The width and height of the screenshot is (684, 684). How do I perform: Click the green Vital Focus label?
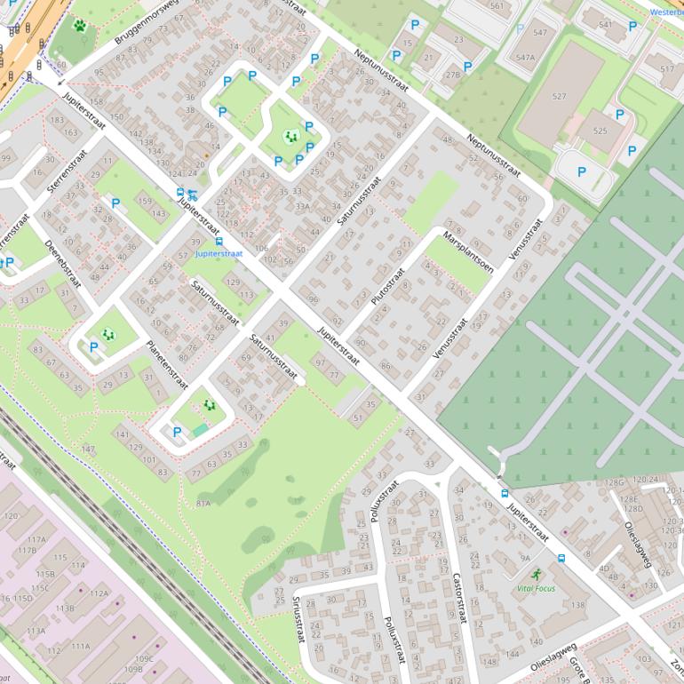[536, 588]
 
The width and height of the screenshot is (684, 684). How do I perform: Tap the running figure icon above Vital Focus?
[536, 575]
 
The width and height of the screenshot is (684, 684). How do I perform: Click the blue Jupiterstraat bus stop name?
[219, 253]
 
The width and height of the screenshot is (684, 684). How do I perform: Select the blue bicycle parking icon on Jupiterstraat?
[193, 195]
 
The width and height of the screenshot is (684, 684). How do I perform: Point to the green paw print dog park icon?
[81, 26]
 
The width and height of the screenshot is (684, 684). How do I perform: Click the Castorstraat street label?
[458, 601]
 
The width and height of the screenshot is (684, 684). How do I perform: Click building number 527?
[559, 96]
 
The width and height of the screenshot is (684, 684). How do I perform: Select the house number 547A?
[525, 57]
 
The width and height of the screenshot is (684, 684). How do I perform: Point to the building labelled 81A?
[203, 503]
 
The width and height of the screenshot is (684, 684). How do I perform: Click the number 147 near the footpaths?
[88, 449]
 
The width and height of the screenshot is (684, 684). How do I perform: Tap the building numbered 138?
[578, 605]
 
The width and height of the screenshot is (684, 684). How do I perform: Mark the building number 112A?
[99, 593]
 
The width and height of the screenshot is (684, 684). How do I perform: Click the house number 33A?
[302, 205]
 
